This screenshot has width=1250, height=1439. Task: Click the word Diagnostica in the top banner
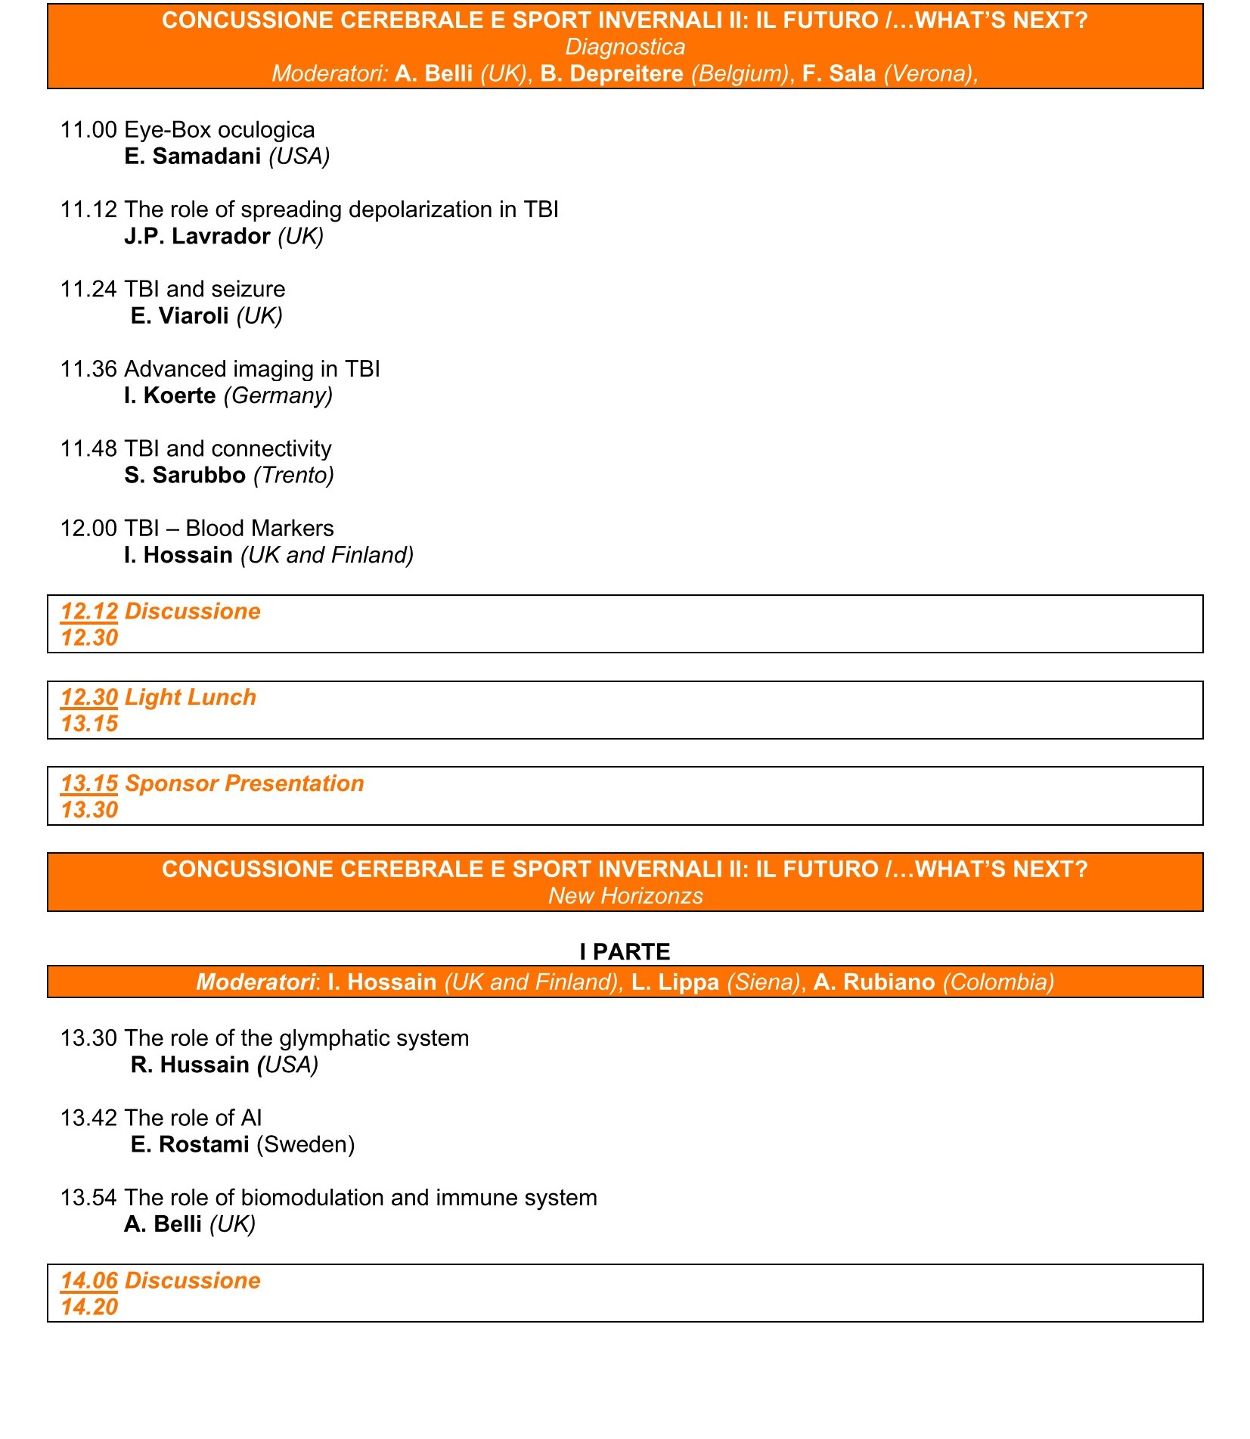pyautogui.click(x=625, y=47)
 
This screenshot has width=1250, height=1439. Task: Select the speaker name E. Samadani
pyautogui.click(x=192, y=157)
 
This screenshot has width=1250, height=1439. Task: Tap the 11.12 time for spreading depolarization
pyautogui.click(x=88, y=209)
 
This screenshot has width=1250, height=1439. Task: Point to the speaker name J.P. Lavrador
pyautogui.click(x=197, y=237)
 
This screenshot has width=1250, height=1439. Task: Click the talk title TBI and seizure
pyautogui.click(x=205, y=289)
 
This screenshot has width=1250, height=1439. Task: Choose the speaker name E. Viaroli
pyautogui.click(x=179, y=316)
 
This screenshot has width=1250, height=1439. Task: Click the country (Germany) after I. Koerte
pyautogui.click(x=278, y=395)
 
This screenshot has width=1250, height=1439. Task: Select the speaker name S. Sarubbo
pyautogui.click(x=185, y=476)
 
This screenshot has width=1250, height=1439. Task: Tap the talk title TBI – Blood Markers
pyautogui.click(x=229, y=529)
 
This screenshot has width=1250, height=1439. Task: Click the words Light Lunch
pyautogui.click(x=191, y=697)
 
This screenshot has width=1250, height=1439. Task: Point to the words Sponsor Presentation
pyautogui.click(x=244, y=783)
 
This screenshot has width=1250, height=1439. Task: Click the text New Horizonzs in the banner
pyautogui.click(x=625, y=896)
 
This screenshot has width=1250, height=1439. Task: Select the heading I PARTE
pyautogui.click(x=625, y=952)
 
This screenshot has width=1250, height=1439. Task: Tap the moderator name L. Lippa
pyautogui.click(x=675, y=982)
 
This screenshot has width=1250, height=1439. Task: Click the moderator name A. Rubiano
pyautogui.click(x=874, y=982)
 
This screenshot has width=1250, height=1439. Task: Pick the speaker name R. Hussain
pyautogui.click(x=190, y=1065)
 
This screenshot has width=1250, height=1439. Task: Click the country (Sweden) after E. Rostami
pyautogui.click(x=306, y=1145)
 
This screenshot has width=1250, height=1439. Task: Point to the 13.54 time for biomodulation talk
pyautogui.click(x=88, y=1198)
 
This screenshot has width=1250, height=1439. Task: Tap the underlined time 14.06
pyautogui.click(x=89, y=1281)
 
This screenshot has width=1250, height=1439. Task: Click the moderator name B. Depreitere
pyautogui.click(x=612, y=74)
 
